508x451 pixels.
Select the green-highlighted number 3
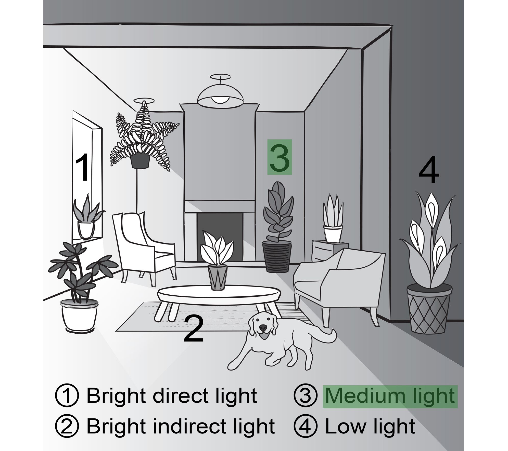(x=279, y=157)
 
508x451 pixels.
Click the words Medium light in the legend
(x=390, y=396)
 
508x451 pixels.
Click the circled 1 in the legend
(x=67, y=396)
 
